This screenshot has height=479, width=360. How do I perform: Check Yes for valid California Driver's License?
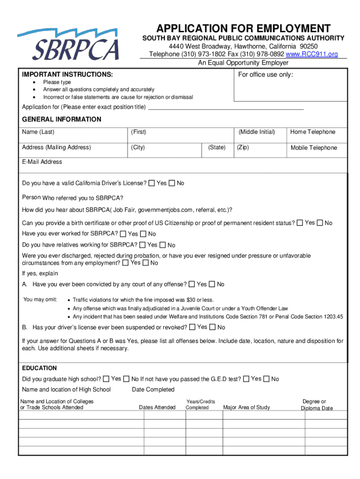point(151,183)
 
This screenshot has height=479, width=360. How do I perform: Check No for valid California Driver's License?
point(172,183)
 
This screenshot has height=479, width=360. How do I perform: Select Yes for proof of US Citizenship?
point(300,223)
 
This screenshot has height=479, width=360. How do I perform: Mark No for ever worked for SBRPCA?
point(143,233)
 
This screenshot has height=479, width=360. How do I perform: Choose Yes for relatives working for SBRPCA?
point(143,245)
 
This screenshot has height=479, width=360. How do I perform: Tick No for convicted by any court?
point(212,284)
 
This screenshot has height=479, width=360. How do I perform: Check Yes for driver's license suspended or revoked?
point(192,327)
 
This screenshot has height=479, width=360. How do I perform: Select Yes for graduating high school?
point(106,378)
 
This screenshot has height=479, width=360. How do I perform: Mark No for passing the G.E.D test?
point(266,378)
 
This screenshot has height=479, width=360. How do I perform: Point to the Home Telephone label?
point(313,132)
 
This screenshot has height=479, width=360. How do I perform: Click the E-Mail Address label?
point(42,162)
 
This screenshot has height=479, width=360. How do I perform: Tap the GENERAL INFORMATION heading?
point(61,119)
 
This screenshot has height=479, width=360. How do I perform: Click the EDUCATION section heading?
point(39,368)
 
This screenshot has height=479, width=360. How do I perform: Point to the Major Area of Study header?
point(246,407)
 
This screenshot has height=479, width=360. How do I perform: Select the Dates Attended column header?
point(157,407)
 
